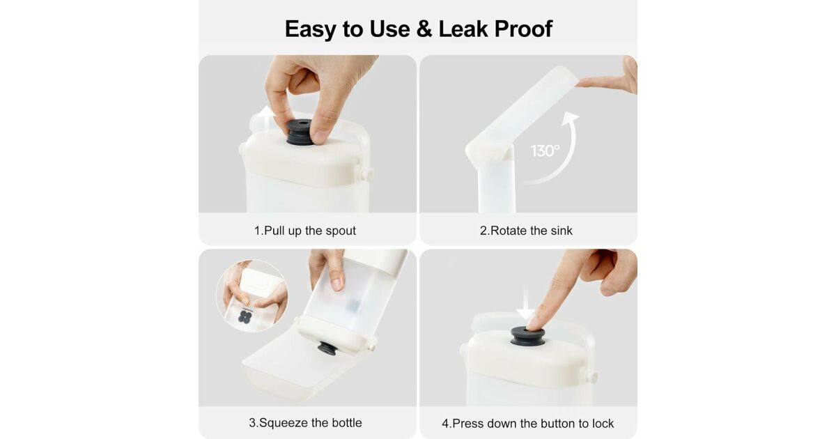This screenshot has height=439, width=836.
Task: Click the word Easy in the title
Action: click(310, 29)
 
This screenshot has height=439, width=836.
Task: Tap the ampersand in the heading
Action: click(424, 29)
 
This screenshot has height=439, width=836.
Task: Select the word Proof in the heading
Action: click(523, 29)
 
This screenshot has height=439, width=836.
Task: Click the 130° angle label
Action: click(545, 151)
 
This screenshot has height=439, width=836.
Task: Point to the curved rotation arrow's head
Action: click(571, 118)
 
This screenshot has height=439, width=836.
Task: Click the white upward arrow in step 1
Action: click(266, 116)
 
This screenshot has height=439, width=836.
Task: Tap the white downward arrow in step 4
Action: click(526, 304)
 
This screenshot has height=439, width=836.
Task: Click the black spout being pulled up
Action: click(300, 132)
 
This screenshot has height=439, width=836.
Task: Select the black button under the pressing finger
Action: click(527, 336)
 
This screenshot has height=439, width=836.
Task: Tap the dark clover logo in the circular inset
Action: click(245, 317)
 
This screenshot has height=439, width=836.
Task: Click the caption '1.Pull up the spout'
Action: click(305, 231)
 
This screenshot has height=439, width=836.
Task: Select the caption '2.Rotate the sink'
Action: click(526, 231)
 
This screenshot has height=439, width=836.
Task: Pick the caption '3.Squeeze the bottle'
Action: click(305, 423)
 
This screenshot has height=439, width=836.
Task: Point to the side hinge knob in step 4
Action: click(591, 376)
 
